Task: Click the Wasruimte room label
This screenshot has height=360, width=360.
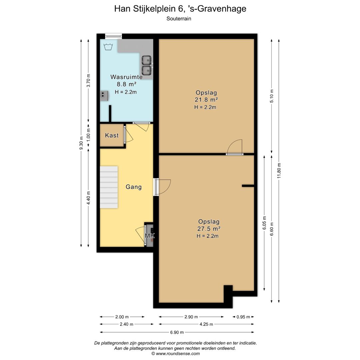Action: tap(126, 77)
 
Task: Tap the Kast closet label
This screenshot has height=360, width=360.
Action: tap(112, 135)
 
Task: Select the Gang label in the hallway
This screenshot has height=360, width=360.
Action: tap(134, 187)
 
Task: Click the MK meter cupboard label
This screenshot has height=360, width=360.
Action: tap(150, 235)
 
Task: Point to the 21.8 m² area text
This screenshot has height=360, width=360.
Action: tap(206, 100)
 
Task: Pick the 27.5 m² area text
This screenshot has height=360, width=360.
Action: tap(209, 229)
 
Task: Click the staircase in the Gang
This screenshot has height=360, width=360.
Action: tap(109, 187)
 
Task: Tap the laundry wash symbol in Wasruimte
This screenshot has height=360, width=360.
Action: tap(108, 47)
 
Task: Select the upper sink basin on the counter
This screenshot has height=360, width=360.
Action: tap(146, 60)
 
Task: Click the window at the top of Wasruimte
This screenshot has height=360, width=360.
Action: tap(113, 36)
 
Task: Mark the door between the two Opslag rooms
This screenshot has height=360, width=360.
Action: tap(234, 147)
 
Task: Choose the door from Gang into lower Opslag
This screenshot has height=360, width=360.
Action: tap(162, 187)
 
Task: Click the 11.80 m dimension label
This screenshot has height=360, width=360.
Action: tap(279, 171)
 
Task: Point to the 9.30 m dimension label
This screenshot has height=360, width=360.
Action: tap(81, 143)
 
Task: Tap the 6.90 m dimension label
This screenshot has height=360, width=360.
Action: tap(177, 332)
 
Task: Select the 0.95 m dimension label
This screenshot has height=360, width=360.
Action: tap(243, 317)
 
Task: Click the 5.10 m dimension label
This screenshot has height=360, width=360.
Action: tap(272, 96)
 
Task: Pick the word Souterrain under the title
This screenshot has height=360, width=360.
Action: tap(179, 19)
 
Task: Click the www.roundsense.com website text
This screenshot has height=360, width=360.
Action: tap(178, 354)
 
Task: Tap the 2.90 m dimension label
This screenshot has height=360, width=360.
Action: tap(191, 317)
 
